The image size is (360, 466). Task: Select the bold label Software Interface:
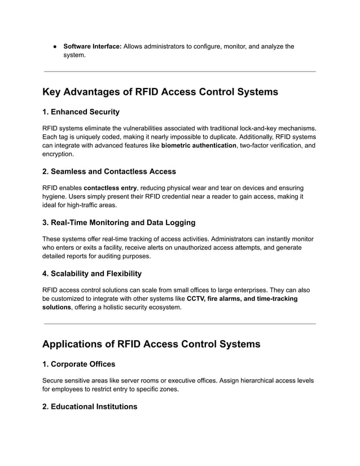tap(92, 46)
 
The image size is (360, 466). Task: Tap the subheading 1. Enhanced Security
tap(81, 112)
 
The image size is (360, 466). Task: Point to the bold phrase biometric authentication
tap(199, 146)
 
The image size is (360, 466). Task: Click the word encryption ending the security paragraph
tap(58, 154)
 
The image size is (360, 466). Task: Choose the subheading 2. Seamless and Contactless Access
tap(109, 172)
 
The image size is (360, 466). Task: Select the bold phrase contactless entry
tap(110, 188)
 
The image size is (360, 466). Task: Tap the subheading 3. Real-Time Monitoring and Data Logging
tap(119, 222)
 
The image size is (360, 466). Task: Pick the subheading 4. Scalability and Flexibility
tap(92, 274)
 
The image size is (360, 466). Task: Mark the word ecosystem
tap(164, 307)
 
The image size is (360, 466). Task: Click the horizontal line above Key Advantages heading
tap(179, 72)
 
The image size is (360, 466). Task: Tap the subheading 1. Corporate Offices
tap(78, 364)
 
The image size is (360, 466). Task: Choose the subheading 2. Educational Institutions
tap(90, 406)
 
